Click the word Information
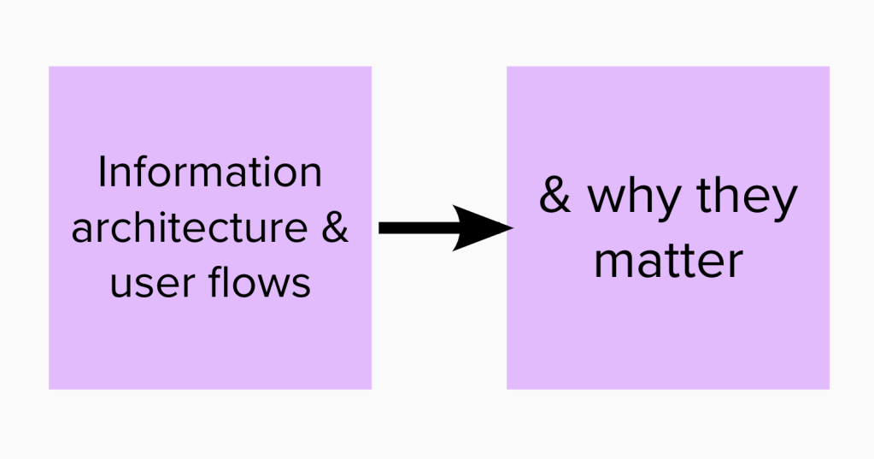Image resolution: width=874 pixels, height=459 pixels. (209, 174)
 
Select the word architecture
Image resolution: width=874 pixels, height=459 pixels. (188, 228)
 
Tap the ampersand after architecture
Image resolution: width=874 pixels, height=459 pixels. (336, 228)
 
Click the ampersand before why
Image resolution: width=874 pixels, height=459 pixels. (555, 197)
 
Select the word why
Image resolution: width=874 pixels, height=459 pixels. (629, 199)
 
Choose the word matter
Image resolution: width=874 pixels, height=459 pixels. (667, 260)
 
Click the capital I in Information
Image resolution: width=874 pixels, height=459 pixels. (102, 174)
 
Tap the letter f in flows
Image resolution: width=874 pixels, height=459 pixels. (216, 281)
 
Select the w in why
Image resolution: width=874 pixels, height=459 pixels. (603, 199)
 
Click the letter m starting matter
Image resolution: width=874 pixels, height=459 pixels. (612, 262)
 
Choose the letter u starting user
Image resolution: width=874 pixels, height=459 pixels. (121, 285)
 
